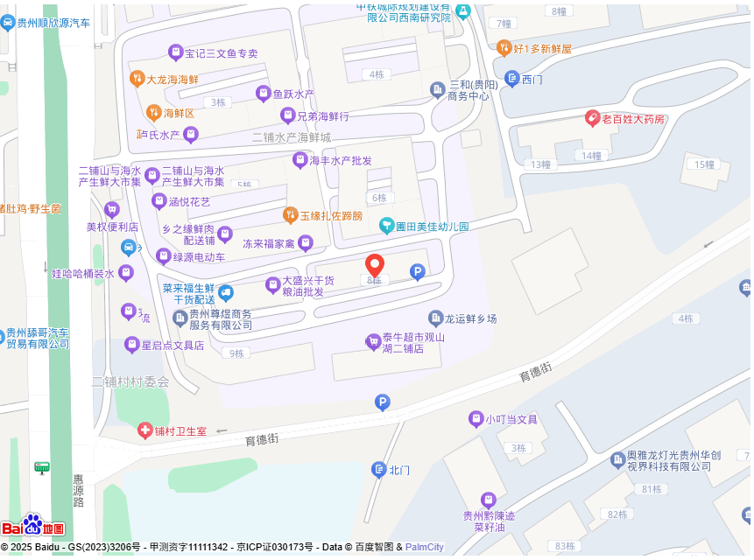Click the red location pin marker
point(375,265)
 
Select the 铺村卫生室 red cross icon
point(144,430)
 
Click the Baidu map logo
point(32,526)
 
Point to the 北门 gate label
point(398,470)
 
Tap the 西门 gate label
point(532,80)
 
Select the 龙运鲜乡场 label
point(470,318)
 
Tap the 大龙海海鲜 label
point(172,79)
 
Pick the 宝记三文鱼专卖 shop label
point(221,53)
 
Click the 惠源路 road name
point(78,490)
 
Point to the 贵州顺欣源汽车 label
point(53,24)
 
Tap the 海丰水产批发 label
point(340,160)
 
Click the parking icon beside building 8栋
point(418,273)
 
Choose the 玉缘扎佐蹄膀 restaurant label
point(330,215)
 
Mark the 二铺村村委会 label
point(130,381)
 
